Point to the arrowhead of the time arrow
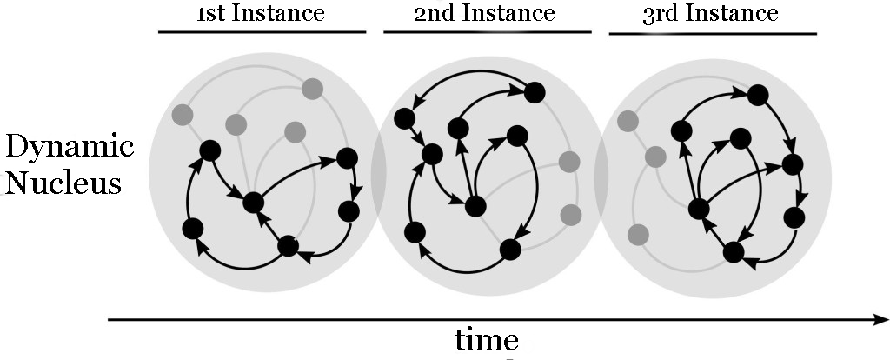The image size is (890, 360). coord(881,320)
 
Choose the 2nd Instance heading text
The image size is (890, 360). coord(484,13)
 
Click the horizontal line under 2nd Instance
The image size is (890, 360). coord(487,33)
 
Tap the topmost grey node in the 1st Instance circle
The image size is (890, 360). coord(312,88)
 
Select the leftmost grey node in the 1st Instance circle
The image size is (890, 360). coord(183,114)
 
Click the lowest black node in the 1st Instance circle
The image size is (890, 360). coord(288,246)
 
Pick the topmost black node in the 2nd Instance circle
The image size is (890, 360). coord(535,91)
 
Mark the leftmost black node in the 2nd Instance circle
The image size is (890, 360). coord(403,117)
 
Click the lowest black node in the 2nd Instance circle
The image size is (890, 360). coord(509,249)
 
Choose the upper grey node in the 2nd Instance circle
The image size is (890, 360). coord(569,161)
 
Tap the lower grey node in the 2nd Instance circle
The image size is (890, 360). coord(571,214)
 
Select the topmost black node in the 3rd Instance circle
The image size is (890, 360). coord(758,95)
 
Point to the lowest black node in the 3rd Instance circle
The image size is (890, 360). coord(734,252)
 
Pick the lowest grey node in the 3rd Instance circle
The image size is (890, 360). coord(639,234)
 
